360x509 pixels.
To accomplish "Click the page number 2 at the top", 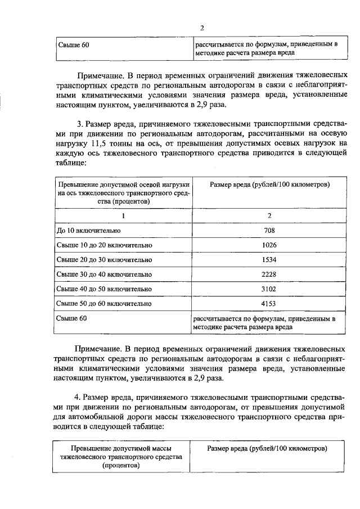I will [201, 29].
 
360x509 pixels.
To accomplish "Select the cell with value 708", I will [268, 231].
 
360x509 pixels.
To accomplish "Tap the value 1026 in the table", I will [268, 245].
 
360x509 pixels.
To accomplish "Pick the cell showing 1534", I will [268, 260].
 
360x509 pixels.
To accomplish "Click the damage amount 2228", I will [268, 274].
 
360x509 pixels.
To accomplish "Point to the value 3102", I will [268, 289].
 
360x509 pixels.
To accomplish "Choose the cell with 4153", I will [268, 304].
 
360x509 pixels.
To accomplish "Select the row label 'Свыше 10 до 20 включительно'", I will [104, 245].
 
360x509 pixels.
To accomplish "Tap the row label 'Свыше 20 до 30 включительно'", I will [104, 260].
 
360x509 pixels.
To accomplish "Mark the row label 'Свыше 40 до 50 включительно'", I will [104, 289].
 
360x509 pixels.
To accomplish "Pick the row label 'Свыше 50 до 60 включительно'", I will [104, 304].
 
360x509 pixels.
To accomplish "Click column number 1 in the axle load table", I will [123, 215].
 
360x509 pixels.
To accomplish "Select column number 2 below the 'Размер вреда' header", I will [268, 215].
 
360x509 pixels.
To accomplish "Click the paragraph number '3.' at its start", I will [80, 123].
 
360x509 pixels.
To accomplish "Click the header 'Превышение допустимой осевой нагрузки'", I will [123, 184].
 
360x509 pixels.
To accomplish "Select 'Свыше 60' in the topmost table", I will [74, 43].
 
